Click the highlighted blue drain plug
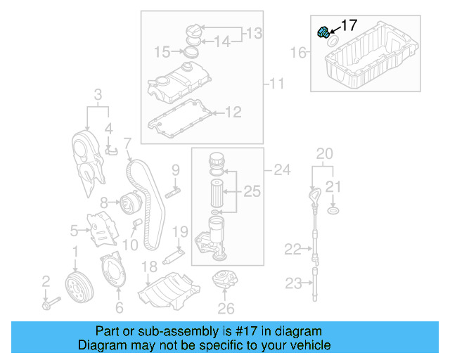(324, 32)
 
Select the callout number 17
(349, 26)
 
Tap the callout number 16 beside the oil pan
(299, 52)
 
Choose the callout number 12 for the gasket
(233, 111)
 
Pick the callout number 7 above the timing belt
(127, 144)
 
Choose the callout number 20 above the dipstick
(323, 153)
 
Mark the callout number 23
(293, 283)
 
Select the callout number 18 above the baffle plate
(150, 266)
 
